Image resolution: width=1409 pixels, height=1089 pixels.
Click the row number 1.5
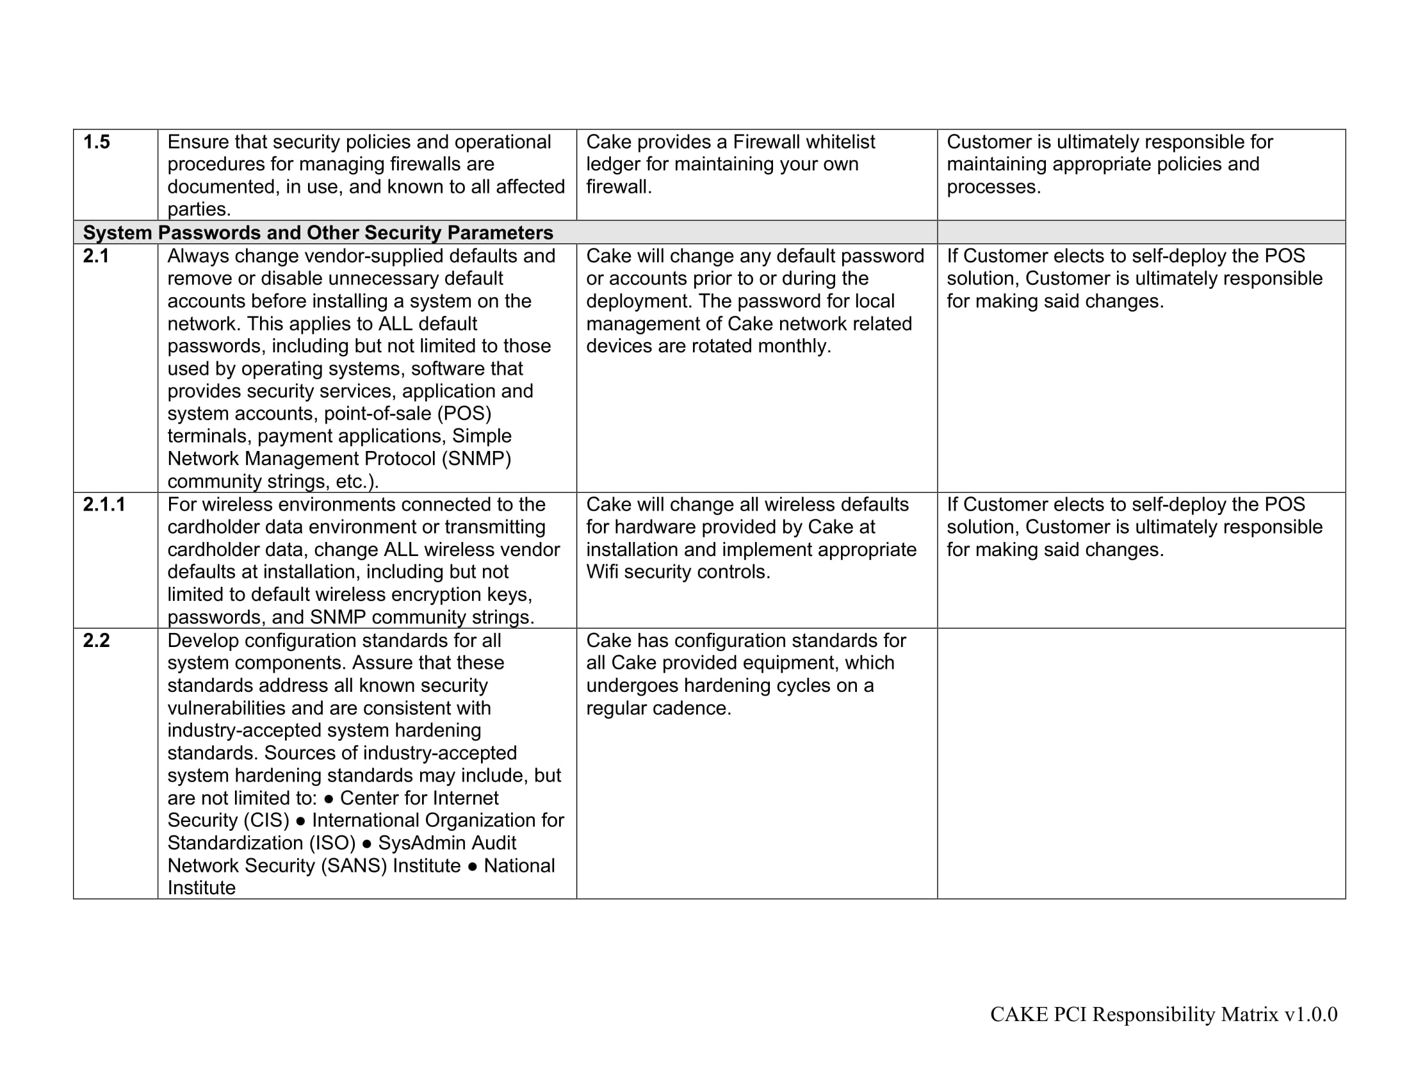[96, 142]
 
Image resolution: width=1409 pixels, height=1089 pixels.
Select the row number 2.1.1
[104, 504]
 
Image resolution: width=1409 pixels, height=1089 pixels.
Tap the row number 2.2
[96, 640]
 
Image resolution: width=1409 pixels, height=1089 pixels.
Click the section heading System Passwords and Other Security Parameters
[318, 233]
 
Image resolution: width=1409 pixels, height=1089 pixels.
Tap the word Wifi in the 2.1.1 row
[602, 571]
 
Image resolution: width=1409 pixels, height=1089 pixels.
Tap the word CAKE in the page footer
[1019, 1014]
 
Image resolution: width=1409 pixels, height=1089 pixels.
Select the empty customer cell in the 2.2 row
[1141, 762]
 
